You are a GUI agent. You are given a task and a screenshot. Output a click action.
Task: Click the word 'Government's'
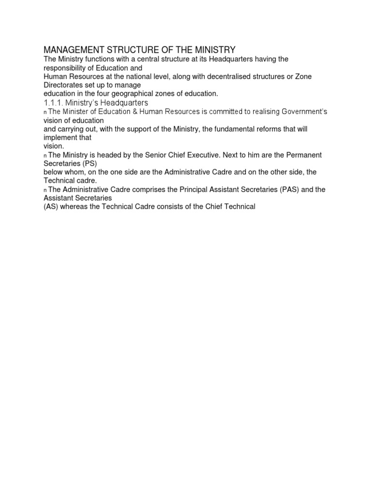(x=302, y=112)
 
